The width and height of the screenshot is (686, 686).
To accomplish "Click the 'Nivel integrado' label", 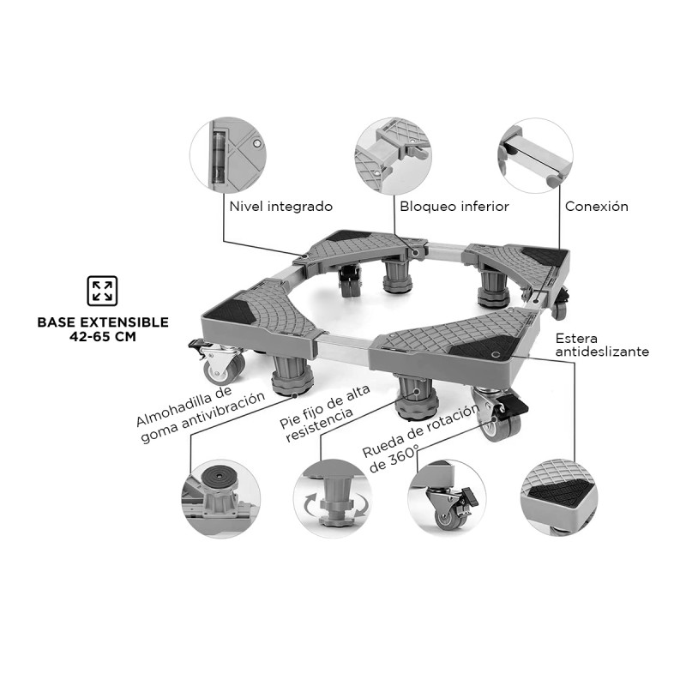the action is pos(281,207).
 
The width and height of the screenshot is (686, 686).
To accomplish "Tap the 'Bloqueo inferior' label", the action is pos(454,207).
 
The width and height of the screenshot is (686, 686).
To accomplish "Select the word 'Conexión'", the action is pos(596,206).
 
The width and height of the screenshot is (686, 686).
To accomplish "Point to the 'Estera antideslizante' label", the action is pos(602,345).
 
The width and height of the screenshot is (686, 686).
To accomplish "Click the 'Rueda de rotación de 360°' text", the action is pos(420,438).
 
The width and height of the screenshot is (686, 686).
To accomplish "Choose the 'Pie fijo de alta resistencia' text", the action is pos(325,413).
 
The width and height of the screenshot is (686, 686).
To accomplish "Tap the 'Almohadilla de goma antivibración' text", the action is pos(200,414).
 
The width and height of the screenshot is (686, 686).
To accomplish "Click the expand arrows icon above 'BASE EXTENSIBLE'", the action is pos(102,291).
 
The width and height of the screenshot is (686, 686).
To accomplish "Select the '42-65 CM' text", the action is pos(103,337).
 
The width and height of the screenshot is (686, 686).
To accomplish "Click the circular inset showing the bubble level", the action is pos(228,155).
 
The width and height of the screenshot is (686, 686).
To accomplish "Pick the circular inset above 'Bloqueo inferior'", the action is pos(393,156).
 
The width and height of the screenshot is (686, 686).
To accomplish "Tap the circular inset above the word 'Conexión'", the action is pos(535,156).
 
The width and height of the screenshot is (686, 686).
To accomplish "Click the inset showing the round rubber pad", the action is pos(221,498).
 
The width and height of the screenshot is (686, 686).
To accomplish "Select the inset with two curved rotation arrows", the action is pos(333,498).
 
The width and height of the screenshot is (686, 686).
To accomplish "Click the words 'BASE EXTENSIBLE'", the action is pos(103,322).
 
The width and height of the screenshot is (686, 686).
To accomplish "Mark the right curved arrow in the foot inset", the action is pos(361,505).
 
